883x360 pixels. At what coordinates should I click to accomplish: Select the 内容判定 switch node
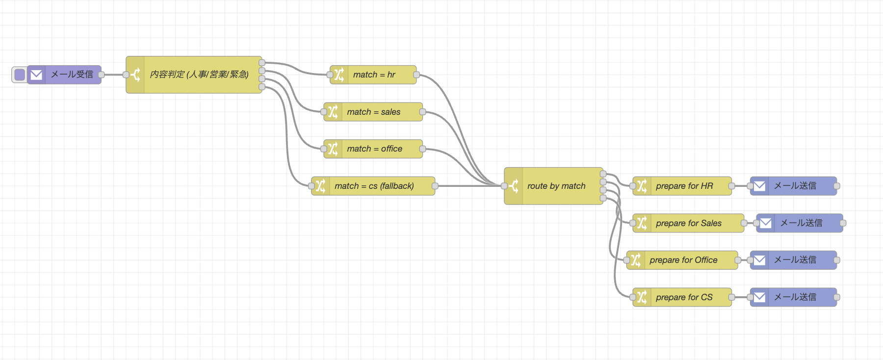coord(199,75)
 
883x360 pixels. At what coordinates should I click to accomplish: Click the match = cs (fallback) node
coord(378,186)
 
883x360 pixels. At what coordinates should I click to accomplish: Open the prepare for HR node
coord(687,186)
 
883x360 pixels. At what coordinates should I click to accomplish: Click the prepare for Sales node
coord(692,223)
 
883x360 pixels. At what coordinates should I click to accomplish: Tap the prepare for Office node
coord(687,260)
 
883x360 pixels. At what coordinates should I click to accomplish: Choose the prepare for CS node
coord(687,297)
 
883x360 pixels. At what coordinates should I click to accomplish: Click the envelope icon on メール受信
coord(36,75)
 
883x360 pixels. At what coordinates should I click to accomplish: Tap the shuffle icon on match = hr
coord(339,75)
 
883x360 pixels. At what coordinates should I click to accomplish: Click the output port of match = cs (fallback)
coord(435,186)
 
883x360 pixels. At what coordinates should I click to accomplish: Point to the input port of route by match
coord(504,186)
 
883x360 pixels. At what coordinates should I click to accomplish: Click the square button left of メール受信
coord(20,75)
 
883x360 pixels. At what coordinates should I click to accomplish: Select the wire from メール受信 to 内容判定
coord(113,75)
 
